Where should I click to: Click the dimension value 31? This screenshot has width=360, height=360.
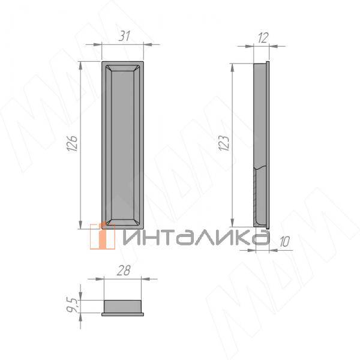124,36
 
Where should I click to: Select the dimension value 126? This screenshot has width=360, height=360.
72,144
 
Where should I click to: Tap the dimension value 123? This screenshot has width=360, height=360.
224,143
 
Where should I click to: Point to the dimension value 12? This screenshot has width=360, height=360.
263,38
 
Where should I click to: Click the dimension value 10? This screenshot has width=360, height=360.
284,242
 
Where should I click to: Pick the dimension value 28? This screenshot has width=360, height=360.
124,271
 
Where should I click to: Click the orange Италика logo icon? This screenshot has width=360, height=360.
103,236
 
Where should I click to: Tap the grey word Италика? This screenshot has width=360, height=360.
196,237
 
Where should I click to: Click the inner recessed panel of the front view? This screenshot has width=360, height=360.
122,145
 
